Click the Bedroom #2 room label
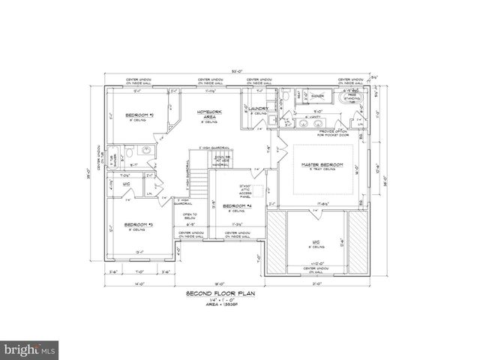point(140,115)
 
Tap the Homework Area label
point(210,113)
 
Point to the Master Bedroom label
point(322,164)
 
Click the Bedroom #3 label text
point(139,225)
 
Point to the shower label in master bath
point(318,96)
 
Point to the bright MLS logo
point(30,348)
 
